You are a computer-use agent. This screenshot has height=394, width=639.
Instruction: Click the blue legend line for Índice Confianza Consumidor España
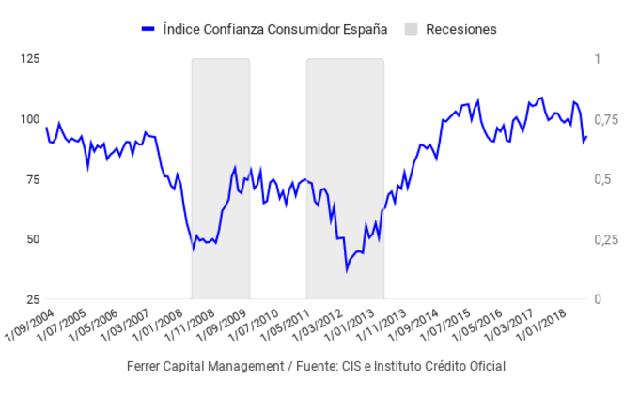tap(147, 29)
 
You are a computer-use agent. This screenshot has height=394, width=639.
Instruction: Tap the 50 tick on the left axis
tap(31, 239)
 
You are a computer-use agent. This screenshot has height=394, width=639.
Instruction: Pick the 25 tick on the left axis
tap(31, 299)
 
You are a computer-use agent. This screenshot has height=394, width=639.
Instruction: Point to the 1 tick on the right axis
tap(599, 59)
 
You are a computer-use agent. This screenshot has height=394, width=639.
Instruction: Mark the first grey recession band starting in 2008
tap(221, 178)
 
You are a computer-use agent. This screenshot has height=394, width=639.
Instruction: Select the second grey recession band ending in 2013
tap(345, 178)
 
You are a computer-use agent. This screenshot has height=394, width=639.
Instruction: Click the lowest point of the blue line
tap(346, 270)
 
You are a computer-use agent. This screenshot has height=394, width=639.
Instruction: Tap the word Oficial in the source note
tap(485, 366)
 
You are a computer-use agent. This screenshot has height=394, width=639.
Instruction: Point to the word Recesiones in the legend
tap(460, 29)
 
